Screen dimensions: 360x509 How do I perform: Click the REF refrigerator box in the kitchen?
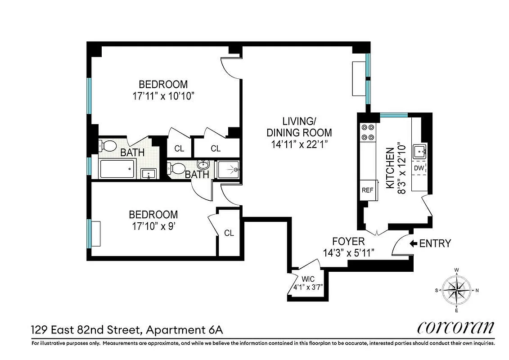[x=367, y=190]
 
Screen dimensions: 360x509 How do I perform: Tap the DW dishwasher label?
[x=419, y=168]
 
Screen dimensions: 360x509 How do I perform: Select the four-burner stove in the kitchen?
[x=368, y=132]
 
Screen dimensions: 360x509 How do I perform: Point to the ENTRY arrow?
[x=413, y=243]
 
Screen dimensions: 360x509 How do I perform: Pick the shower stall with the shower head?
[x=228, y=170]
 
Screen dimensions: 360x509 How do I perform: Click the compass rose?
[x=456, y=290]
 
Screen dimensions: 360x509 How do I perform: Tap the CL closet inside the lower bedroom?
[x=229, y=233]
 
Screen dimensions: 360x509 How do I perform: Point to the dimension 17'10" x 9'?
[x=153, y=226]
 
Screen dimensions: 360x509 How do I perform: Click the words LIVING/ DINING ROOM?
[x=299, y=127]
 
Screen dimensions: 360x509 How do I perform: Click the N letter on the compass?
[x=477, y=290]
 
